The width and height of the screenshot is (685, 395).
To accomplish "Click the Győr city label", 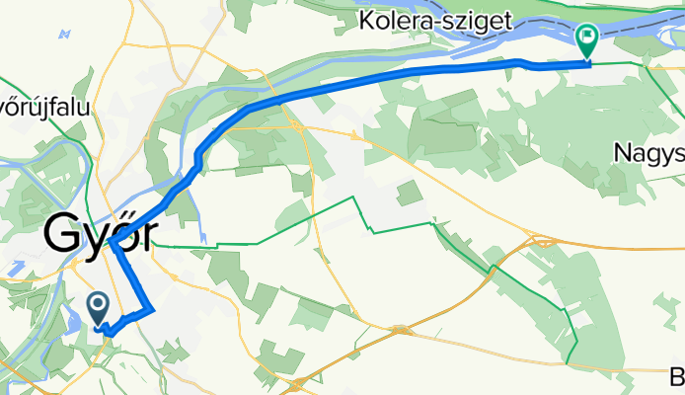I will [96, 238].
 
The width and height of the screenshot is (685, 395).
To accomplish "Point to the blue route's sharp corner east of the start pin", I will [152, 310].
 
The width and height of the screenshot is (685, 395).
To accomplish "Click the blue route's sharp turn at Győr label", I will [114, 240].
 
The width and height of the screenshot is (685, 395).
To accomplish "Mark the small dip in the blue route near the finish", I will [523, 64].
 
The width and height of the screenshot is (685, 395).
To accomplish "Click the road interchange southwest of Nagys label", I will [541, 238].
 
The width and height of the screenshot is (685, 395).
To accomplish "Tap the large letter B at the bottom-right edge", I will [677, 376].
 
